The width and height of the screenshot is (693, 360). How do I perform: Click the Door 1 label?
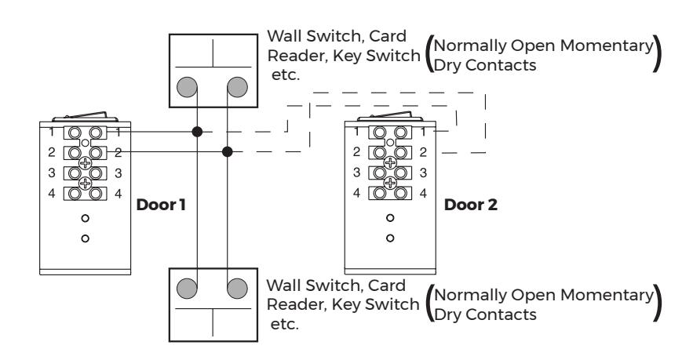point(161,205)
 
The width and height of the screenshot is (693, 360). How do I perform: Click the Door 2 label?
point(471,205)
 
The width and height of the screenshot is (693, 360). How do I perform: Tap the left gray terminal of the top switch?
point(187,87)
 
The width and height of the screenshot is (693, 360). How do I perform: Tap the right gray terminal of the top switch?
point(237,87)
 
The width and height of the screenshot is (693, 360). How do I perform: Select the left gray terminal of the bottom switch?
point(187,289)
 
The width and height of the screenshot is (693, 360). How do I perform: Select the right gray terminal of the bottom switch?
point(237,289)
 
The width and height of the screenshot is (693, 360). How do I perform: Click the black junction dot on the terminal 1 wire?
point(197,132)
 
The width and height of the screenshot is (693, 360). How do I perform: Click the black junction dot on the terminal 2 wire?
point(227,152)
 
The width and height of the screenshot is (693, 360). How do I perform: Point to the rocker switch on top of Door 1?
point(85,117)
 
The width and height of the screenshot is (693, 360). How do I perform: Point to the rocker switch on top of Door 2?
point(390,117)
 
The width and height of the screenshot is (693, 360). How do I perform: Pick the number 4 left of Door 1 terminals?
point(52,194)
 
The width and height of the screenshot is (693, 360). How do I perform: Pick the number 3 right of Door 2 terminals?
point(423,173)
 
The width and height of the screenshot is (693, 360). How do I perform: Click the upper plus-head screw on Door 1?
point(85,163)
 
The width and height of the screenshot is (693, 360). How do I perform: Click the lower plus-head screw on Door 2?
point(390,183)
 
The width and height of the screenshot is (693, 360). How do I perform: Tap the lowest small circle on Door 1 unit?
point(86,238)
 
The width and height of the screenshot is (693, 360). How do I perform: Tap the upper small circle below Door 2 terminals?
point(390,218)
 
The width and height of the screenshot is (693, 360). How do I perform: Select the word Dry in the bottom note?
point(448,315)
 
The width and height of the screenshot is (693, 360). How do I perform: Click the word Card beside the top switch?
point(388,36)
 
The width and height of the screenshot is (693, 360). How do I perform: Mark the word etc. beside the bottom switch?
point(285,324)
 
